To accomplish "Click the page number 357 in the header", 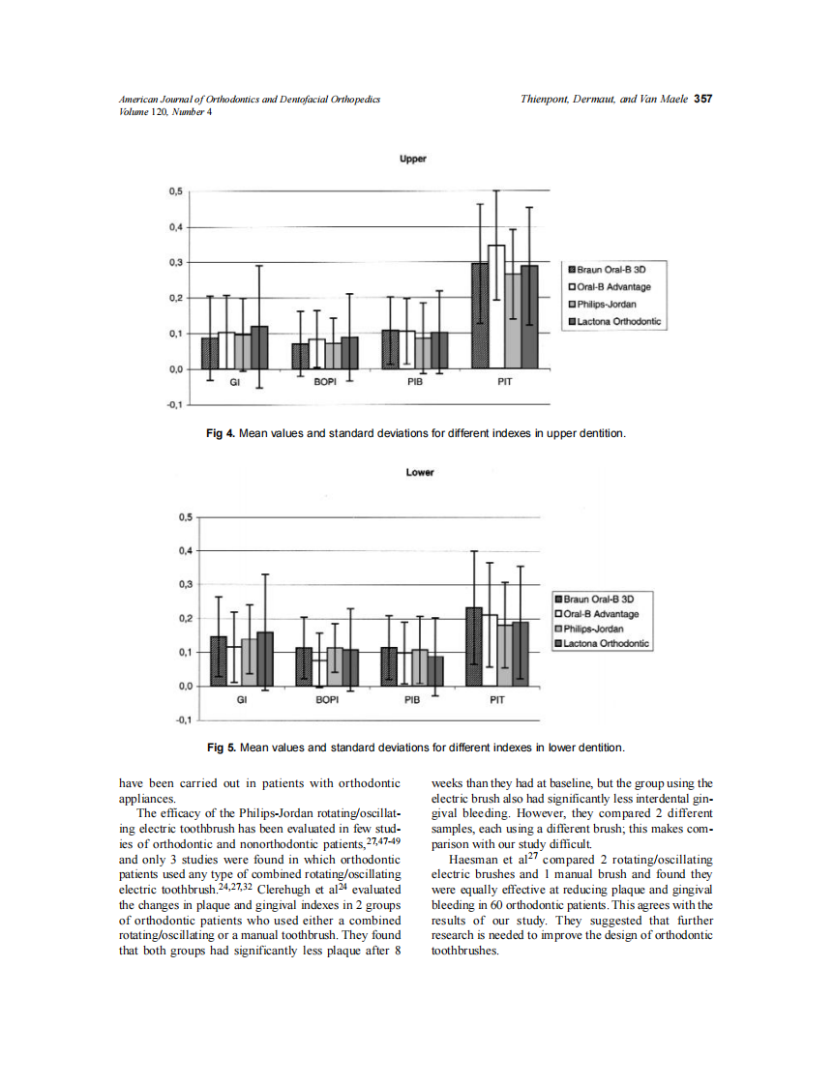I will tap(703, 99).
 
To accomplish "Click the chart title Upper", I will tap(413, 158).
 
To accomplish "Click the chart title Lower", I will tap(420, 473).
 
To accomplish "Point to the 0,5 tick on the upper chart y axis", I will tap(174, 191).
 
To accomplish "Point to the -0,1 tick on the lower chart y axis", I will tap(182, 720).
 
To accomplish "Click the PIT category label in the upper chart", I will tap(504, 383).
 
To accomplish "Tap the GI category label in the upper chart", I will tap(234, 383).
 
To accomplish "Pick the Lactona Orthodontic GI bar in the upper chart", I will tap(259, 348).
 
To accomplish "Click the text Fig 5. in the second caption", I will tap(223, 748).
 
